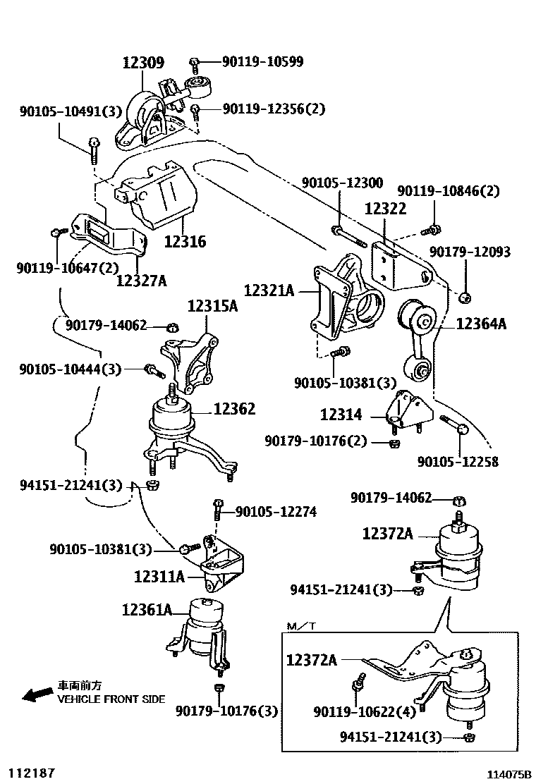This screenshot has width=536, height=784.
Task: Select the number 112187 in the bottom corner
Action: [x=31, y=773]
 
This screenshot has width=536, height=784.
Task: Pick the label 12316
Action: [x=185, y=242]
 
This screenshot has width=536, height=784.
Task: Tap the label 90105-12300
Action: [x=342, y=183]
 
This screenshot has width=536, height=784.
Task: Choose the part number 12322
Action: [x=385, y=209]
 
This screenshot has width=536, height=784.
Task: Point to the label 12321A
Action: [x=269, y=290]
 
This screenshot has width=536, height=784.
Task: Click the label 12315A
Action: [x=212, y=307]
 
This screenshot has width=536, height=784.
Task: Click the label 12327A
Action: [x=141, y=281]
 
